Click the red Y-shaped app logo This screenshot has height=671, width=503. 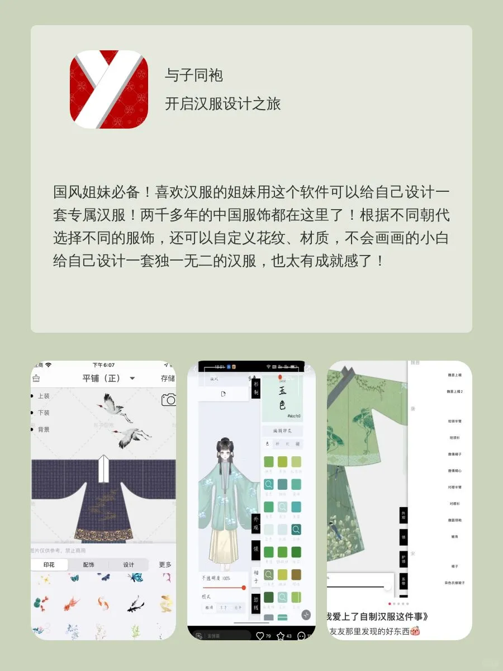pyautogui.click(x=108, y=89)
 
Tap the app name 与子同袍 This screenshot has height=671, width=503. pyautogui.click(x=194, y=75)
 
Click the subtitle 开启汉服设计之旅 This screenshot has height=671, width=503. pyautogui.click(x=222, y=103)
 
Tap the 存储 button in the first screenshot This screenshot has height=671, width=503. pyautogui.click(x=168, y=379)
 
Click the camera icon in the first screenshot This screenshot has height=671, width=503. pyautogui.click(x=168, y=400)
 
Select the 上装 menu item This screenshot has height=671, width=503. pyautogui.click(x=43, y=396)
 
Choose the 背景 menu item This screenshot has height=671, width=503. pyautogui.click(x=43, y=429)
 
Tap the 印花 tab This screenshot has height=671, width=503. pyautogui.click(x=50, y=565)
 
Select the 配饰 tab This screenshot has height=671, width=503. pyautogui.click(x=89, y=565)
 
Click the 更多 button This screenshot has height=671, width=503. pyautogui.click(x=165, y=565)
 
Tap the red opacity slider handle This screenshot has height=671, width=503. pyautogui.click(x=244, y=588)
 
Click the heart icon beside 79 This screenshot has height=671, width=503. pyautogui.click(x=260, y=636)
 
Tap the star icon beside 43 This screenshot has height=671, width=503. pyautogui.click(x=281, y=636)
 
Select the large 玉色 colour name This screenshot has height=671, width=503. pyautogui.click(x=282, y=398)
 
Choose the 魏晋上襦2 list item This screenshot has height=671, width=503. pyautogui.click(x=454, y=391)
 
